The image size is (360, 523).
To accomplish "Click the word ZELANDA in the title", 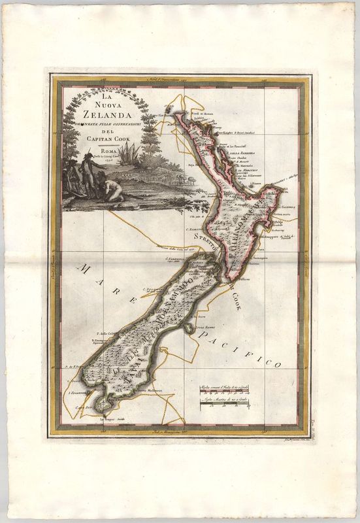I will (x=97, y=112).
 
